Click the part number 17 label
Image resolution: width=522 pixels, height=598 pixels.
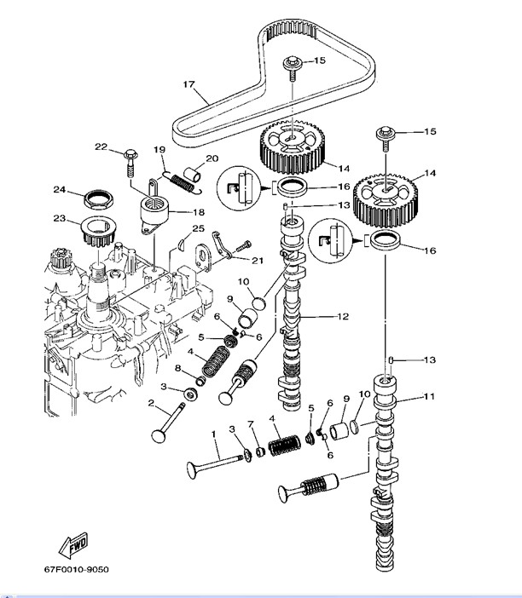point(188,84)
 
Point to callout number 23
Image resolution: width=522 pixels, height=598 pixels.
point(60,218)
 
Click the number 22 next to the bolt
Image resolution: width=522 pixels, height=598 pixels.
point(101,147)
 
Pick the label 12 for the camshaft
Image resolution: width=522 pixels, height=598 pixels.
point(342,317)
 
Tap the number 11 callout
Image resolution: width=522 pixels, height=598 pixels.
point(429,397)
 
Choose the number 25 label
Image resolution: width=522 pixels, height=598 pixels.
point(198,229)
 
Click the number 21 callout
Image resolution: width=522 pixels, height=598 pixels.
point(258,260)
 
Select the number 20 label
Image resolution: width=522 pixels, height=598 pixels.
point(212,158)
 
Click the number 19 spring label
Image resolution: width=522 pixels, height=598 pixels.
point(159,150)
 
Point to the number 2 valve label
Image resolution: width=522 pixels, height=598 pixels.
point(151,403)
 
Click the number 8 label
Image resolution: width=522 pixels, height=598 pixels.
point(177,368)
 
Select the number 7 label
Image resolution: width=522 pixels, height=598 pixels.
point(251,423)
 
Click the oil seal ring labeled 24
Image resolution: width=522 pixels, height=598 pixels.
point(98,200)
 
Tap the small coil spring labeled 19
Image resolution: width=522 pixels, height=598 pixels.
point(180,178)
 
